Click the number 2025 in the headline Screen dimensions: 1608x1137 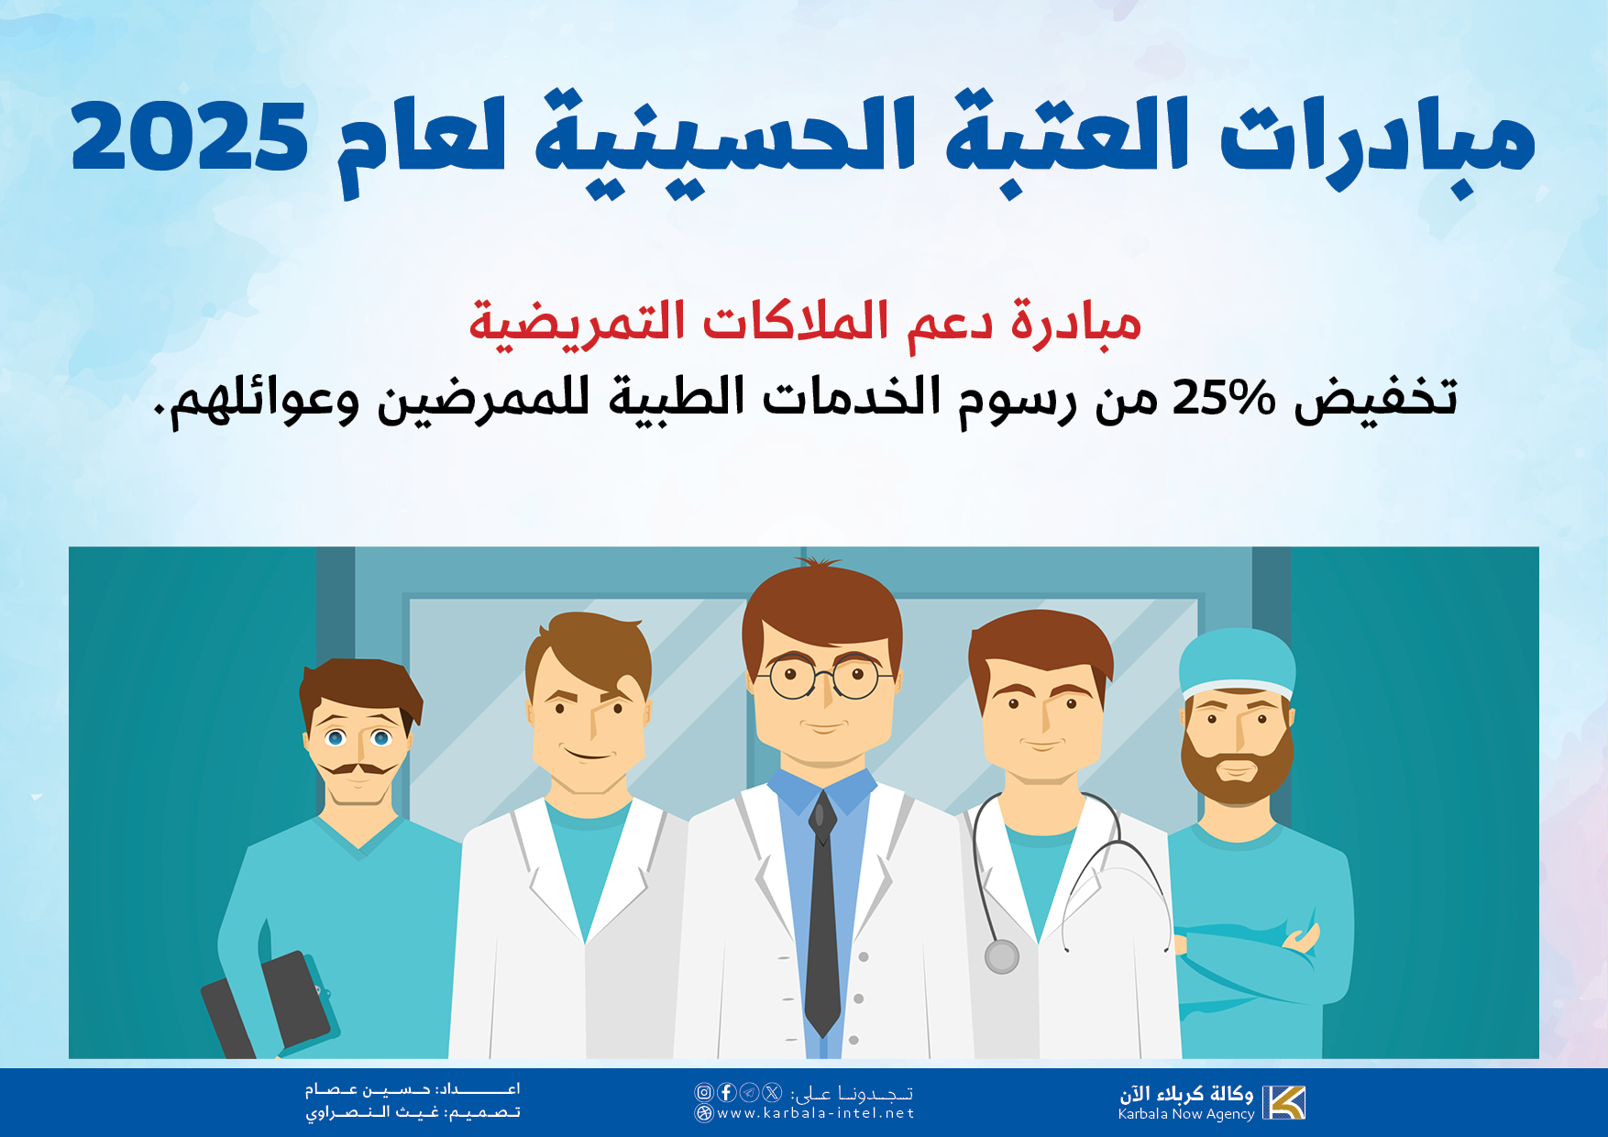[189, 137]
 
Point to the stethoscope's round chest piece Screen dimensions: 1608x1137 [1002, 956]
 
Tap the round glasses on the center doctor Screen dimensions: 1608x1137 [824, 678]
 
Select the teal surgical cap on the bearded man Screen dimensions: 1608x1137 [1237, 663]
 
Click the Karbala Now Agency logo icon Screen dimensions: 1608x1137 [1283, 1102]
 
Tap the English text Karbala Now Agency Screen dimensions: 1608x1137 [1185, 1114]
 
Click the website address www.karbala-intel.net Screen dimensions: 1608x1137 [815, 1113]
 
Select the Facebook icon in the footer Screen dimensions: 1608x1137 [727, 1092]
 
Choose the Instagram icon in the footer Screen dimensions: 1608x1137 [703, 1092]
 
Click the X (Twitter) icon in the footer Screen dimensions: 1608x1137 [772, 1092]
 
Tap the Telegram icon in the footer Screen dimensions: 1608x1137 [749, 1092]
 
